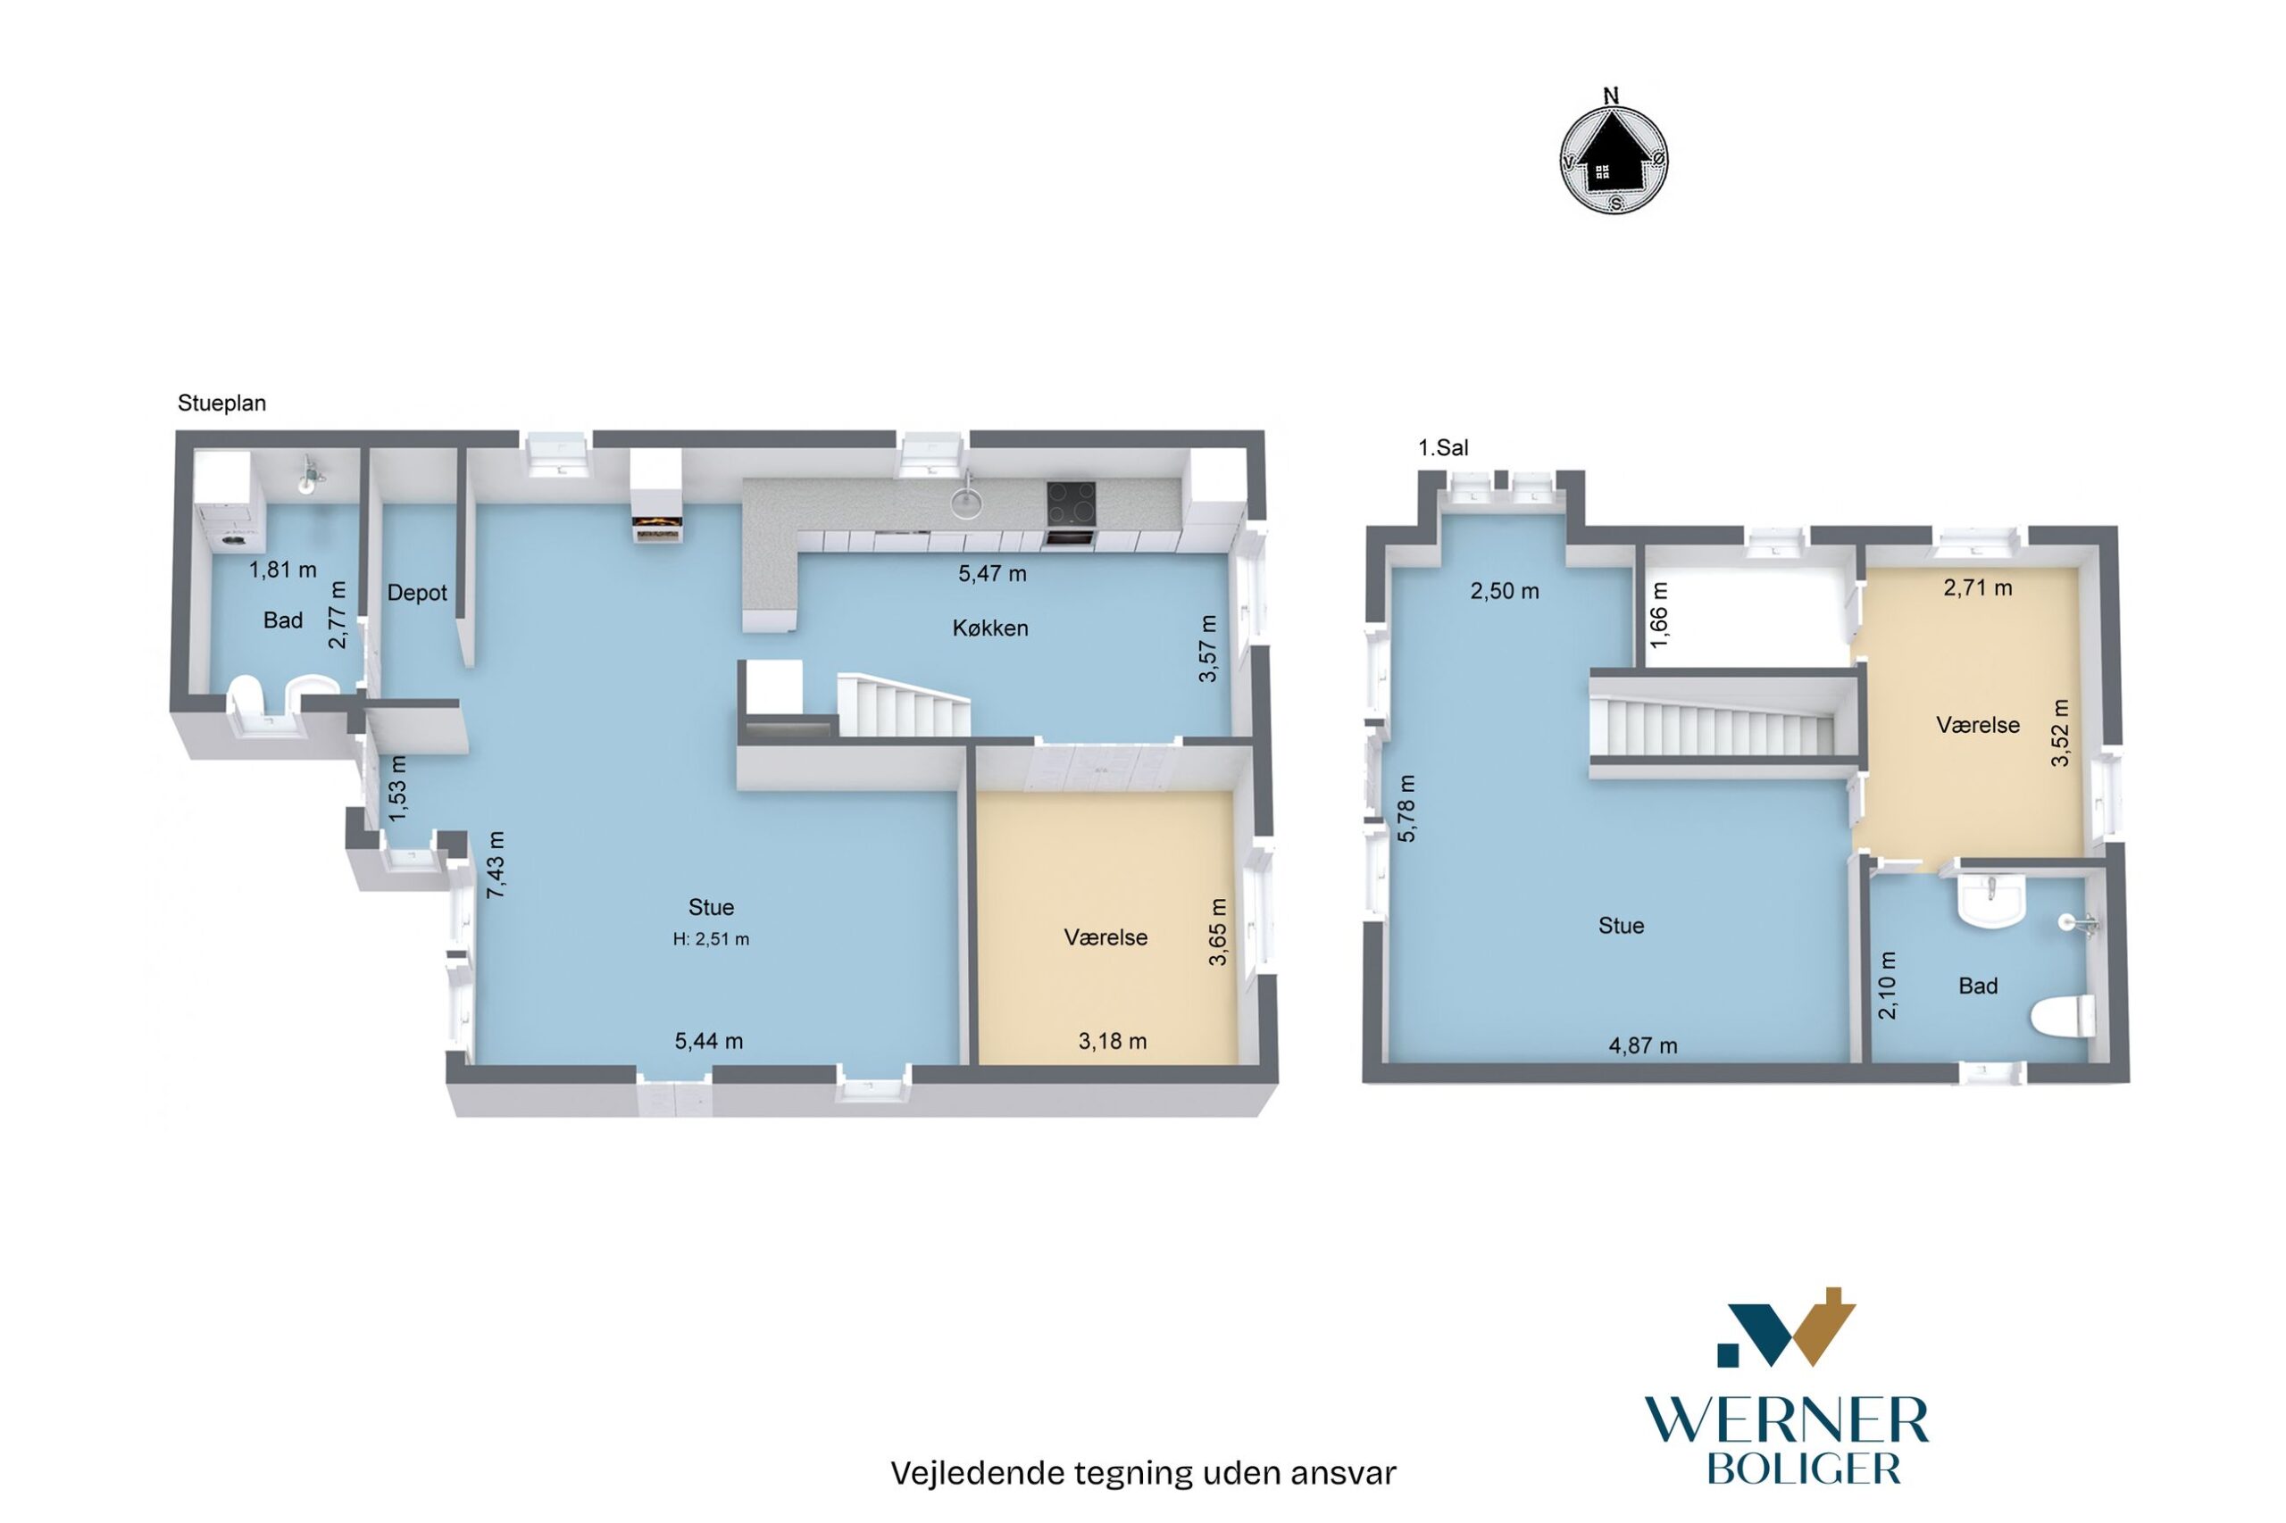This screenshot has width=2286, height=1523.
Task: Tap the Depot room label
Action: point(417,593)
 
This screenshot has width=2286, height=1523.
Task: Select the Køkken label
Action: point(990,628)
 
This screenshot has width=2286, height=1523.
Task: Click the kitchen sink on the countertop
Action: point(964,499)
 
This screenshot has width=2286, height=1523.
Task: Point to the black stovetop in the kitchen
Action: point(1071,504)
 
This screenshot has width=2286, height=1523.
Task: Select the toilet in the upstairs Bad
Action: point(2063,1019)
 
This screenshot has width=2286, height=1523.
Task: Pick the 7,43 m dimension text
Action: point(496,863)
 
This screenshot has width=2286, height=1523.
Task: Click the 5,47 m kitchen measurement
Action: point(992,573)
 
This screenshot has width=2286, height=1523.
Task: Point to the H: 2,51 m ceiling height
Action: point(711,939)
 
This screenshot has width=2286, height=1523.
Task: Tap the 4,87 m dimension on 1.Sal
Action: point(1643,1046)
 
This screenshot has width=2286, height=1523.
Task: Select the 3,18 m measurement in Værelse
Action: point(1113,1041)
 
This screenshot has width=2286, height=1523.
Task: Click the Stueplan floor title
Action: point(221,404)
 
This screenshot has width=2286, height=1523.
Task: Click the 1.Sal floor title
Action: point(1443,448)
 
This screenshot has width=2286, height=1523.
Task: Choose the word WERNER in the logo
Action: point(1787,1421)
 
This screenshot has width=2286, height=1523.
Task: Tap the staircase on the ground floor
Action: point(904,703)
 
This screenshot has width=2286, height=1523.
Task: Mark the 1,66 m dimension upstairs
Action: point(1659,615)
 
